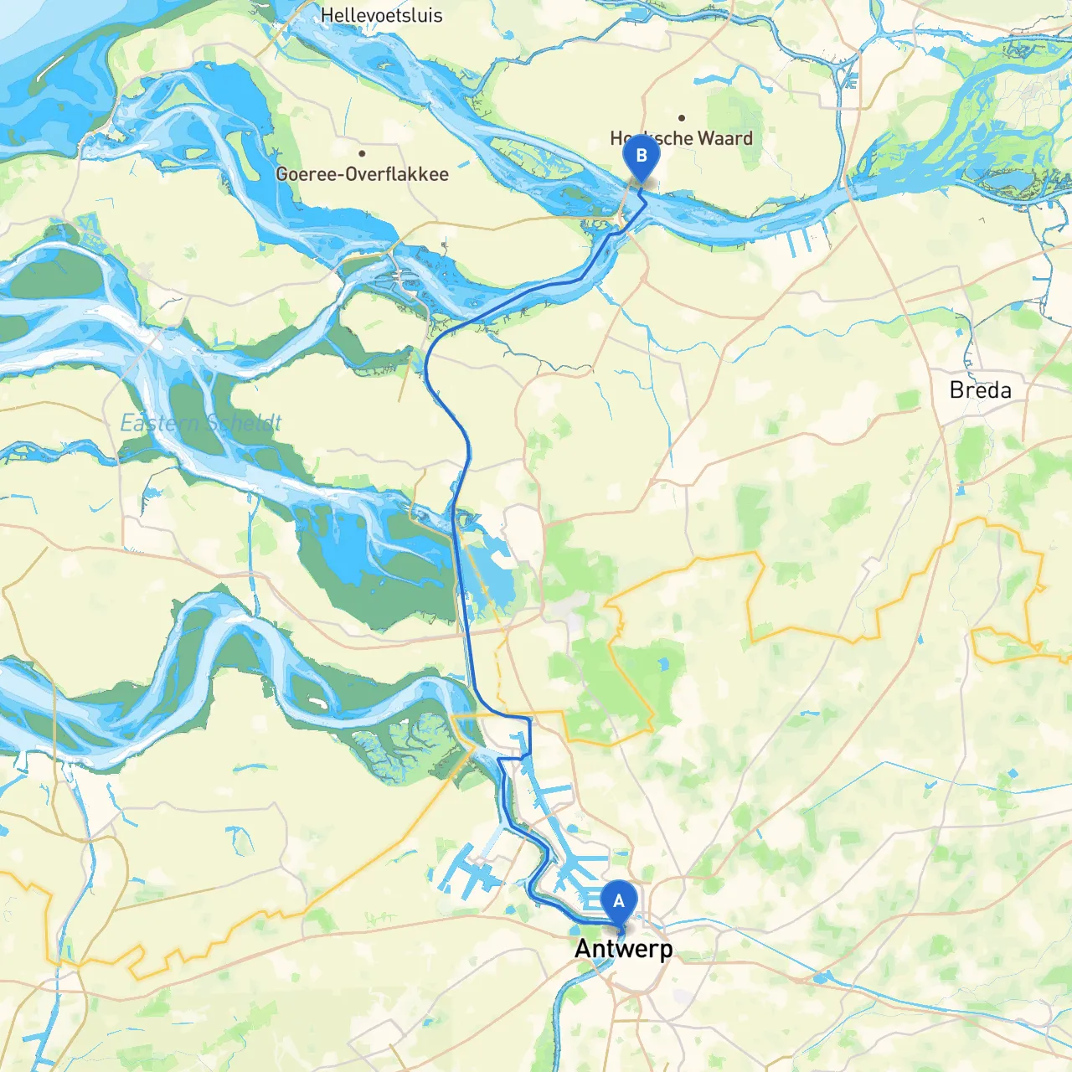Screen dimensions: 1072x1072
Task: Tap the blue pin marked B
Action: pyautogui.click(x=642, y=157)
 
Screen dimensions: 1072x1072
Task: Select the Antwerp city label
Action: pyautogui.click(x=623, y=949)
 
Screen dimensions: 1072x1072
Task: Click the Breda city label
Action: pyautogui.click(x=980, y=390)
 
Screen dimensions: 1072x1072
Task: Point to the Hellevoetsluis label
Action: pyautogui.click(x=381, y=15)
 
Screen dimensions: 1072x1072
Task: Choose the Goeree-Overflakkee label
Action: pyautogui.click(x=362, y=174)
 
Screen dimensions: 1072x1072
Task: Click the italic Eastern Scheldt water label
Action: pyautogui.click(x=201, y=423)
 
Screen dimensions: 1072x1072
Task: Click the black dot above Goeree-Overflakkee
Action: pyautogui.click(x=362, y=153)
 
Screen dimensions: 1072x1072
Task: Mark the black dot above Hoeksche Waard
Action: pyautogui.click(x=682, y=118)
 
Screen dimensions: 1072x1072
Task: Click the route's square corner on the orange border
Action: pyautogui.click(x=529, y=719)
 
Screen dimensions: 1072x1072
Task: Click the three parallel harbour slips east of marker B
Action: pyautogui.click(x=800, y=241)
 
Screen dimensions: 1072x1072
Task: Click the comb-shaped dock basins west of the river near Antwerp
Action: pyautogui.click(x=469, y=871)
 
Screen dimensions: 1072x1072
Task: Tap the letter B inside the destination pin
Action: pyautogui.click(x=642, y=155)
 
